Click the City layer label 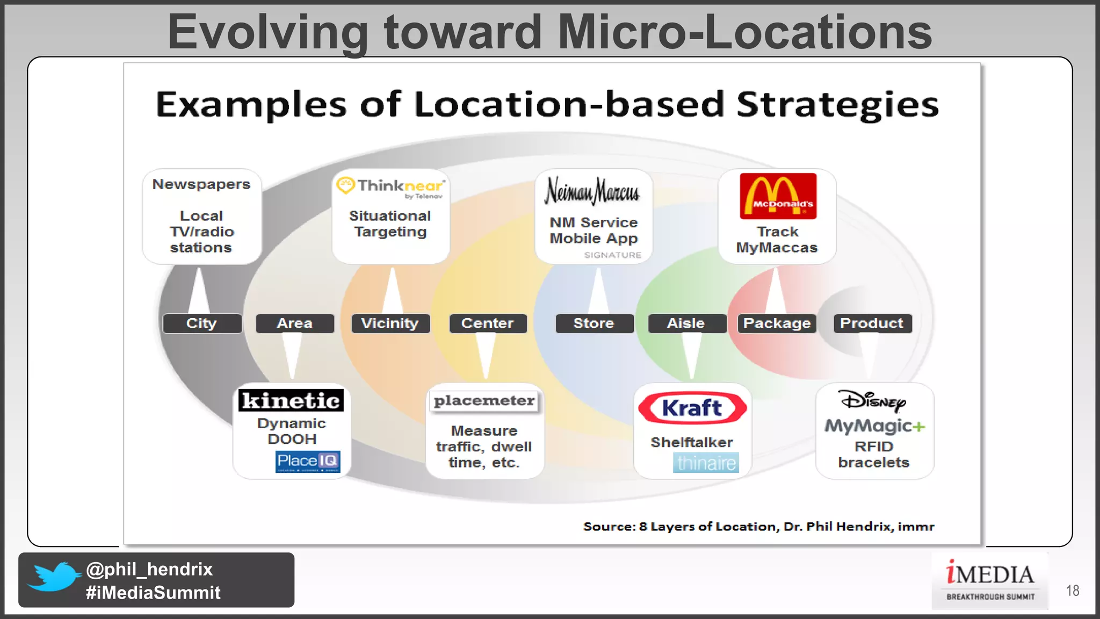[202, 323]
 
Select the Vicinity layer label [390, 323]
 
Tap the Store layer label [594, 323]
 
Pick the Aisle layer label [686, 323]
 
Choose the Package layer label [777, 323]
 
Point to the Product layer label [872, 323]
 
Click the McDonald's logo [778, 196]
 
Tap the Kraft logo [692, 408]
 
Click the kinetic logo [291, 400]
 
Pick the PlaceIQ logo [308, 462]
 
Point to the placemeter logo [484, 401]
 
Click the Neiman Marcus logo [593, 191]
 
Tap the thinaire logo [706, 463]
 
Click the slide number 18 [1073, 591]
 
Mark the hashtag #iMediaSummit [153, 593]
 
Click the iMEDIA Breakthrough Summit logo [990, 581]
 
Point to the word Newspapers [201, 184]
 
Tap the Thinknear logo [390, 188]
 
